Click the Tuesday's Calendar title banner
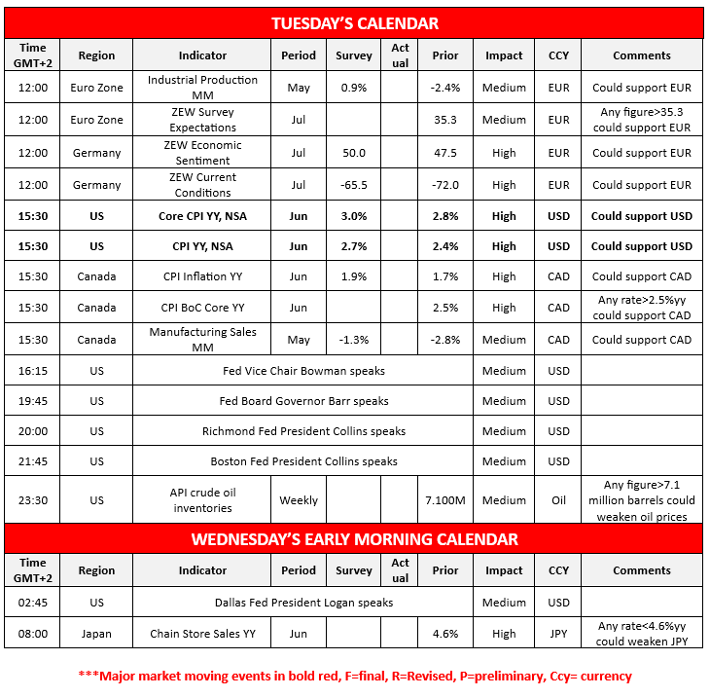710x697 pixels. click(x=354, y=23)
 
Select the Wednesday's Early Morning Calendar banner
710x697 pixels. click(x=354, y=538)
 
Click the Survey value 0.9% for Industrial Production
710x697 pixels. click(x=354, y=88)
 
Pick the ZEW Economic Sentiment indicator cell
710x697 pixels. click(x=203, y=153)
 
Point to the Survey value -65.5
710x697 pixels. click(x=354, y=185)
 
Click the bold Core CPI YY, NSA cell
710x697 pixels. click(x=203, y=216)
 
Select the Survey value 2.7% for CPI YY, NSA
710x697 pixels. click(x=354, y=246)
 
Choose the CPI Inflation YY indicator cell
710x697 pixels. click(x=203, y=276)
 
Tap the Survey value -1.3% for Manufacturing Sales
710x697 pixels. click(x=354, y=340)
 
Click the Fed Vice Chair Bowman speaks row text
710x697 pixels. click(x=303, y=371)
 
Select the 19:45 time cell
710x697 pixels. click(x=32, y=401)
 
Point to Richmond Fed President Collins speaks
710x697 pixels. click(x=303, y=431)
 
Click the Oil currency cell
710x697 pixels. click(x=558, y=500)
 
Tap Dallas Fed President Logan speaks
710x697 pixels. click(x=303, y=603)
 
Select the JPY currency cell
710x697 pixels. click(x=558, y=634)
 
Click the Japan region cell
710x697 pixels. click(x=96, y=634)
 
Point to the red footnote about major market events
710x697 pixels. click(x=354, y=676)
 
